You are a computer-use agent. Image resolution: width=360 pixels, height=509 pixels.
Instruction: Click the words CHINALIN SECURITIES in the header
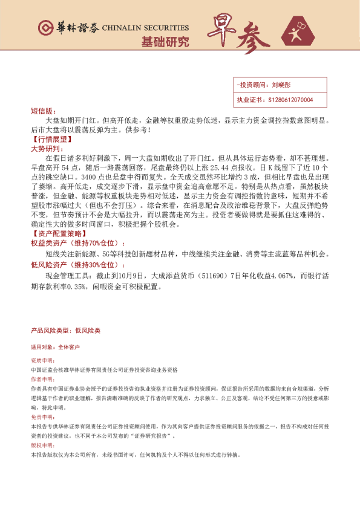pyautogui.click(x=145, y=28)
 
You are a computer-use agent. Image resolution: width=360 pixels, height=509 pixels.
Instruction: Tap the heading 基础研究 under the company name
pyautogui.click(x=165, y=42)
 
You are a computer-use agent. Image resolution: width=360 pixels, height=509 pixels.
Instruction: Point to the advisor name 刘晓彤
pyautogui.click(x=282, y=86)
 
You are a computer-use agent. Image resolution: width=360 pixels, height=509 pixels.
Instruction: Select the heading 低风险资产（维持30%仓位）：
pyautogui.click(x=79, y=265)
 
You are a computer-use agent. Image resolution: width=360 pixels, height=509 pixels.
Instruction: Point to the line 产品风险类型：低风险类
pyautogui.click(x=65, y=331)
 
